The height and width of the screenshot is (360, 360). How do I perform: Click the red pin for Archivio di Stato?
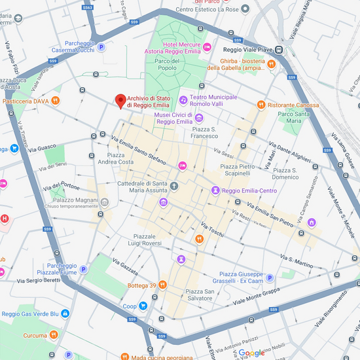(120, 100)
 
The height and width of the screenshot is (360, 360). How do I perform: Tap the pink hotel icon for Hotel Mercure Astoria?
(207, 46)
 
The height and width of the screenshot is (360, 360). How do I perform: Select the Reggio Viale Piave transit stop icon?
(279, 50)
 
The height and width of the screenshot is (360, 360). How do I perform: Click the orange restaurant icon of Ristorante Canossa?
(261, 105)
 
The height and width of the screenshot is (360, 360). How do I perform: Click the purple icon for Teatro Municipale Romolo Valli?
(183, 100)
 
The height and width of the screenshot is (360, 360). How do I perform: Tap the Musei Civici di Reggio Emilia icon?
(199, 118)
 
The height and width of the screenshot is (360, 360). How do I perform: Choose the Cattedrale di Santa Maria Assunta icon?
(174, 187)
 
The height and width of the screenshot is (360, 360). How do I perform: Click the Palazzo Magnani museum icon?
(105, 201)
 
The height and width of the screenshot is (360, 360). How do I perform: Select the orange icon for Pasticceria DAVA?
(56, 101)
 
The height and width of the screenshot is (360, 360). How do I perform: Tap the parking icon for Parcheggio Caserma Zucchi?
(101, 46)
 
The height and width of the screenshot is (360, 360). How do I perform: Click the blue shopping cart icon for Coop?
(143, 306)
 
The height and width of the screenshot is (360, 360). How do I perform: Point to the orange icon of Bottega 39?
(162, 285)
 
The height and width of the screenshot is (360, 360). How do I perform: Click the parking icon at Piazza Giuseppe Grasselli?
(269, 278)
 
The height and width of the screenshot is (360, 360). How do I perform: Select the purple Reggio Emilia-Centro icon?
(215, 190)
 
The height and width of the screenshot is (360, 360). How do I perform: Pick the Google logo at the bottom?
(252, 353)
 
